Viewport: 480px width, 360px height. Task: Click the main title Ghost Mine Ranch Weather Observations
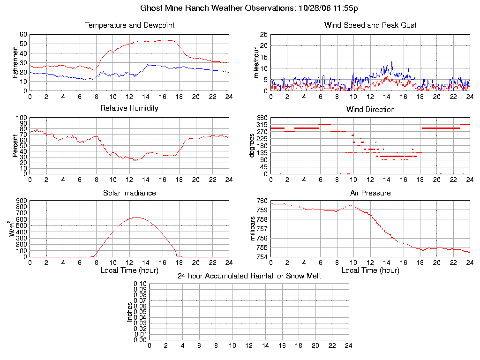click(249, 8)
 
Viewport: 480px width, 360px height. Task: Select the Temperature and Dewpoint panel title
click(129, 25)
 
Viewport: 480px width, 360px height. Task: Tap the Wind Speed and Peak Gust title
click(370, 25)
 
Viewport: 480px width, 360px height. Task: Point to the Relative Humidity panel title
click(129, 108)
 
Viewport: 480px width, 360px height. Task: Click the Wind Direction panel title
click(370, 110)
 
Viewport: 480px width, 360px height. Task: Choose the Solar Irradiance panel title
click(129, 193)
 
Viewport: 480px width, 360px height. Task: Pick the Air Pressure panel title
click(370, 193)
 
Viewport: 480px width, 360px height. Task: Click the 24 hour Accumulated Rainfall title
click(249, 276)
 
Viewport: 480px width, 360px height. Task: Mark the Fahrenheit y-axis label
click(15, 62)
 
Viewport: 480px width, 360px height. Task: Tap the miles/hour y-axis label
click(256, 62)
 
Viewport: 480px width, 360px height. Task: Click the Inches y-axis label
click(130, 312)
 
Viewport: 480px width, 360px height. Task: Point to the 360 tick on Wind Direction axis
click(262, 118)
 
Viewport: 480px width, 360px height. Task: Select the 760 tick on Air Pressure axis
click(262, 201)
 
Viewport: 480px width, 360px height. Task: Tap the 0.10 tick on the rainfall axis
click(140, 284)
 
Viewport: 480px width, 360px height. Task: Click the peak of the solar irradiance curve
click(136, 217)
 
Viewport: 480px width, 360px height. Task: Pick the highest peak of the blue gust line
click(391, 62)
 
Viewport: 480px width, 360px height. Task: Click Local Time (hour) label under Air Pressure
click(370, 270)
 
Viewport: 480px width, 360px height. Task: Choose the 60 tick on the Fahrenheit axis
click(23, 34)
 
